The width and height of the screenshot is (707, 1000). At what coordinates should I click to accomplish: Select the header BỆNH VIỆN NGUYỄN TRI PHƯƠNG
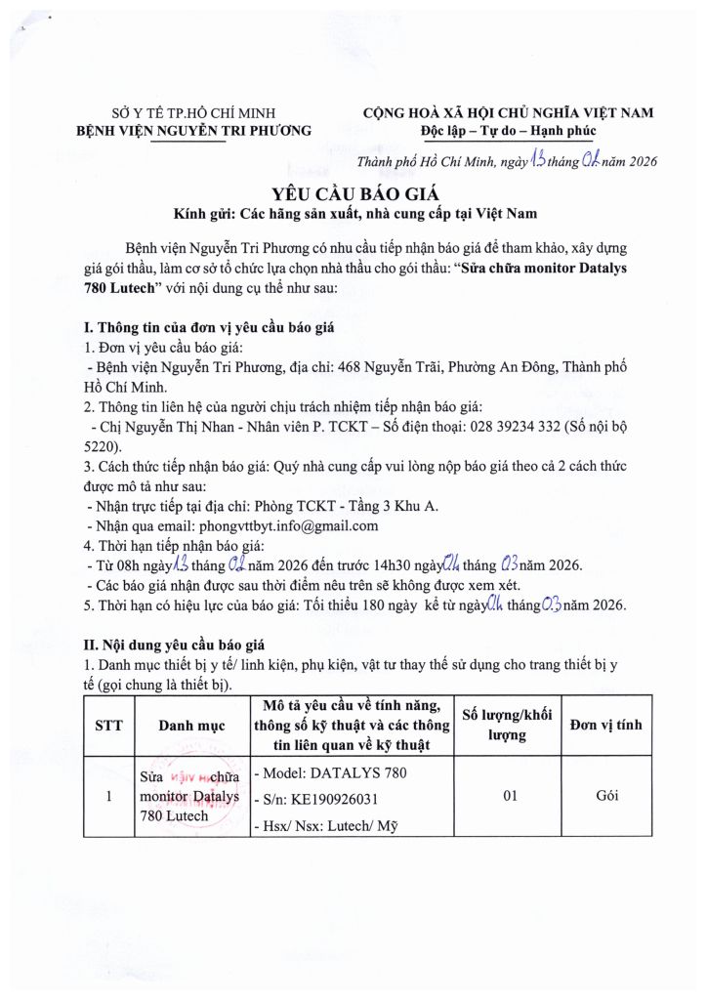coord(194,130)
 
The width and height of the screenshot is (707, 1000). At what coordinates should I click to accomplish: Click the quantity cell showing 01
coord(509,797)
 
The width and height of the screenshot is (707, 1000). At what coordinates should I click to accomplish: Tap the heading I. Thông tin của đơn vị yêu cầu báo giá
coord(210,328)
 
